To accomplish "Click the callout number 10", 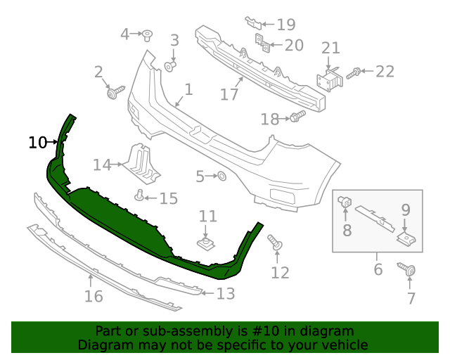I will [37, 143].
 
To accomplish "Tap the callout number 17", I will [229, 94].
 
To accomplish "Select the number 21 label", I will [331, 49].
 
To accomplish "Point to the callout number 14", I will [102, 165].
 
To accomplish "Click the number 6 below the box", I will [378, 269].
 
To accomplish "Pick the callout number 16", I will [94, 296].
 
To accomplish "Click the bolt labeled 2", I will [115, 91].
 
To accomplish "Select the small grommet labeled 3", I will [170, 67].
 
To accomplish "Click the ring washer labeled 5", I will [220, 176].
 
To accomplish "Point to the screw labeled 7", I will [409, 270].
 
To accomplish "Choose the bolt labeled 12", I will [276, 244].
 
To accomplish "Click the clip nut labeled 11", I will [205, 244].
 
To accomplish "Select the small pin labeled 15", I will [140, 195].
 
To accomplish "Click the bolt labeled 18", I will [297, 117].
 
